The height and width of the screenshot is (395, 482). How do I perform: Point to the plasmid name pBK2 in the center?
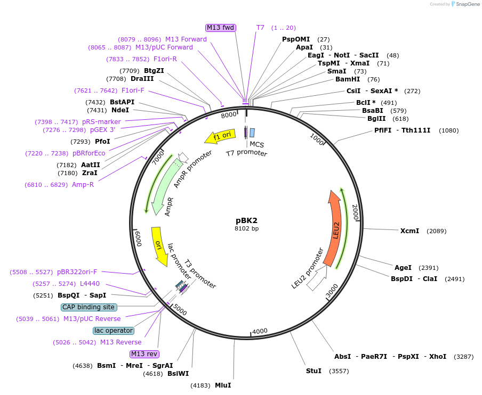247,220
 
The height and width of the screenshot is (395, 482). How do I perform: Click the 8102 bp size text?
246,228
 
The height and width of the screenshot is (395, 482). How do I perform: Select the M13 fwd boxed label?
221,28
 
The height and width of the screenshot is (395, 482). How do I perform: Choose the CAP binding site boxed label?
89,307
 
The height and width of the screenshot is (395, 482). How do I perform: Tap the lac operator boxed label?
114,331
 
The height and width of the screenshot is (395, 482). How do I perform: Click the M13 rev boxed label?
144,354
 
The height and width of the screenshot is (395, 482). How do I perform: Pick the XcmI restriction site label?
409,231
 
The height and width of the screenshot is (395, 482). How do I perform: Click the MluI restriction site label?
223,385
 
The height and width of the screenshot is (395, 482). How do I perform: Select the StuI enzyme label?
314,371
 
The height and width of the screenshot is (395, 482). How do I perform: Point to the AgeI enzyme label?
403,268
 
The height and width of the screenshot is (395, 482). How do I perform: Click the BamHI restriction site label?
348,79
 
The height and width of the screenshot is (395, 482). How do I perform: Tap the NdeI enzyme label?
120,110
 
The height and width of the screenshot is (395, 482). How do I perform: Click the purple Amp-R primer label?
83,185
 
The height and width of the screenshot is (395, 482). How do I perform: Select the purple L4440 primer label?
90,284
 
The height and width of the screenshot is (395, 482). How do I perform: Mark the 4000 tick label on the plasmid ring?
260,331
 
